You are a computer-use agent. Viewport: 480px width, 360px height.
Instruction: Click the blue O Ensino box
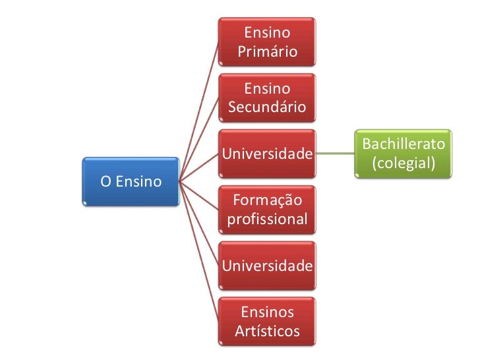pyautogui.click(x=131, y=181)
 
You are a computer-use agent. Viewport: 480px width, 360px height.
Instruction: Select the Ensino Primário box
pyautogui.click(x=266, y=41)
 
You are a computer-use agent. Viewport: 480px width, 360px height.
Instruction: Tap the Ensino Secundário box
pyautogui.click(x=266, y=97)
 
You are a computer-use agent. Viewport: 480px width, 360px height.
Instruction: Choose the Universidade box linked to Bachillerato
pyautogui.click(x=266, y=154)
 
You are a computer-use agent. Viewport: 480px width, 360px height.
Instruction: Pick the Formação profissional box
pyautogui.click(x=266, y=209)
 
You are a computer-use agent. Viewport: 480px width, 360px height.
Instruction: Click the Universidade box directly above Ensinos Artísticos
pyautogui.click(x=266, y=266)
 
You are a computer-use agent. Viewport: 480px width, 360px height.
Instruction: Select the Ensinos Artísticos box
pyautogui.click(x=266, y=321)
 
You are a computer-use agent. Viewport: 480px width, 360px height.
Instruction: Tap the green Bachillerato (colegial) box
pyautogui.click(x=404, y=153)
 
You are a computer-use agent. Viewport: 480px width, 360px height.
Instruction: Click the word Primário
pyautogui.click(x=266, y=51)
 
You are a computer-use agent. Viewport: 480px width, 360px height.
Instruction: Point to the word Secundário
pyautogui.click(x=266, y=107)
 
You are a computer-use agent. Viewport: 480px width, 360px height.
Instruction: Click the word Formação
pyautogui.click(x=266, y=200)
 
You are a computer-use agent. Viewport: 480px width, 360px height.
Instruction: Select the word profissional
pyautogui.click(x=266, y=219)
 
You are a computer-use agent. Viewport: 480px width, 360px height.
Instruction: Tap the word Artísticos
pyautogui.click(x=266, y=330)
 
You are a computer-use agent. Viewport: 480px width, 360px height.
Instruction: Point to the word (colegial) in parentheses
pyautogui.click(x=404, y=163)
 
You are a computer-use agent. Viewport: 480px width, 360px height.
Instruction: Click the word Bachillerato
pyautogui.click(x=404, y=144)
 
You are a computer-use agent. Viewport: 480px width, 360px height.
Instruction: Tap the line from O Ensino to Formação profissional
pyautogui.click(x=198, y=195)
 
